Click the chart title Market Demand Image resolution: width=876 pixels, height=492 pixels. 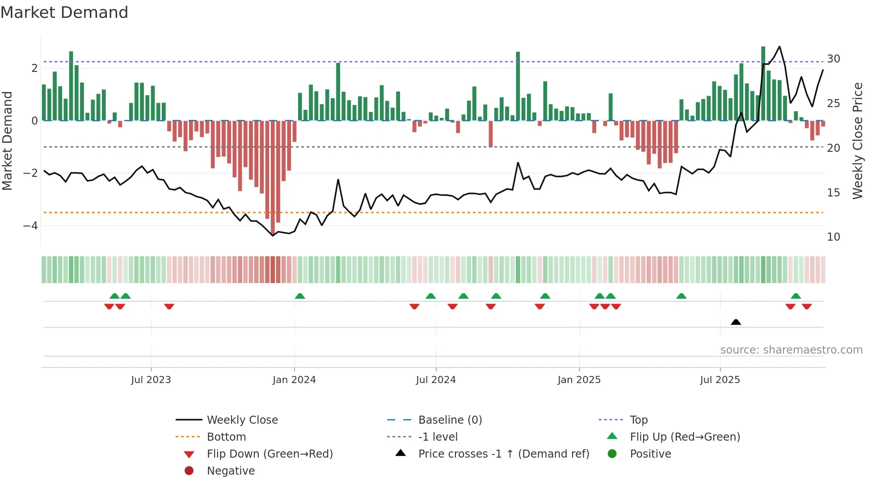click(64, 13)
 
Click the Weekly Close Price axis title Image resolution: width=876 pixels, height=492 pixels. click(857, 141)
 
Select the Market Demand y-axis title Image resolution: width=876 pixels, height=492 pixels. click(7, 141)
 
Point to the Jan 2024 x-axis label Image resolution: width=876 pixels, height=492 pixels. click(294, 380)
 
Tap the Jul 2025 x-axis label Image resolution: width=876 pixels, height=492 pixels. click(720, 380)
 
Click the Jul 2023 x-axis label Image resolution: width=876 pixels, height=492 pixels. click(151, 380)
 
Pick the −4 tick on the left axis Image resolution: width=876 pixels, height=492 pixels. click(30, 226)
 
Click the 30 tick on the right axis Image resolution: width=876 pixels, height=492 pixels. click(833, 59)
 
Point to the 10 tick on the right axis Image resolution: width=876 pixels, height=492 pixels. click(833, 237)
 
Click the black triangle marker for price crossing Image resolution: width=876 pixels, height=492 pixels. click(736, 322)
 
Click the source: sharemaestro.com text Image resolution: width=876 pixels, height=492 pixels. click(791, 350)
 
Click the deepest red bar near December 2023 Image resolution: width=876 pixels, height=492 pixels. click(273, 179)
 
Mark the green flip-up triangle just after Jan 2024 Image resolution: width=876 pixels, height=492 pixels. click(300, 296)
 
